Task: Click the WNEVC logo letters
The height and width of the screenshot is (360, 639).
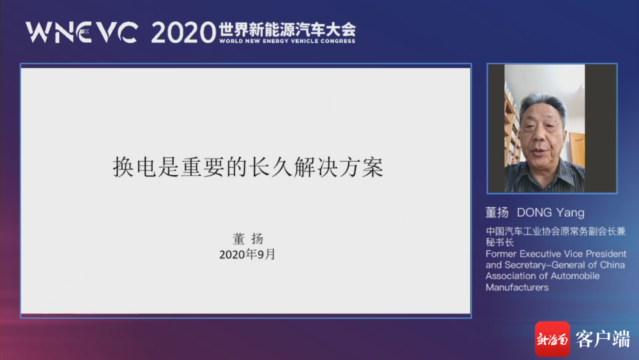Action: pyautogui.click(x=82, y=32)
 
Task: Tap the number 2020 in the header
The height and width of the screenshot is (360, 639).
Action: pyautogui.click(x=183, y=33)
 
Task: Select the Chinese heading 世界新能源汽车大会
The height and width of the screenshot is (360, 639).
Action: pyautogui.click(x=288, y=29)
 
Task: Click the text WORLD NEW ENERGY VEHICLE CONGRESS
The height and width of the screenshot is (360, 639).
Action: pyautogui.click(x=288, y=41)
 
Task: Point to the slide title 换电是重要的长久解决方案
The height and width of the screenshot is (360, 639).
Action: pyautogui.click(x=248, y=167)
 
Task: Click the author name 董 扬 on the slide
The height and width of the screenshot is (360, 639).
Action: pyautogui.click(x=248, y=239)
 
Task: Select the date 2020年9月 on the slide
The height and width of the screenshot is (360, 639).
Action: pyautogui.click(x=247, y=254)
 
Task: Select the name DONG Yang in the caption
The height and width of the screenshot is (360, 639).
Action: pyautogui.click(x=551, y=212)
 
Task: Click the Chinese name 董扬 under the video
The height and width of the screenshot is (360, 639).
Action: pyautogui.click(x=497, y=212)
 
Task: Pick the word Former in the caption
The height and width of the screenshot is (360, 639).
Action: pyautogui.click(x=501, y=254)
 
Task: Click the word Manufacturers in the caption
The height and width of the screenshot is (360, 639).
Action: pyautogui.click(x=517, y=288)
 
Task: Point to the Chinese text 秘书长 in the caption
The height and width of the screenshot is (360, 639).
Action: pyautogui.click(x=500, y=242)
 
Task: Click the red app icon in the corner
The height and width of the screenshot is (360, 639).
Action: pyautogui.click(x=552, y=339)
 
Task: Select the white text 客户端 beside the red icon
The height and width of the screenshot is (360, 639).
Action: pyautogui.click(x=603, y=339)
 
